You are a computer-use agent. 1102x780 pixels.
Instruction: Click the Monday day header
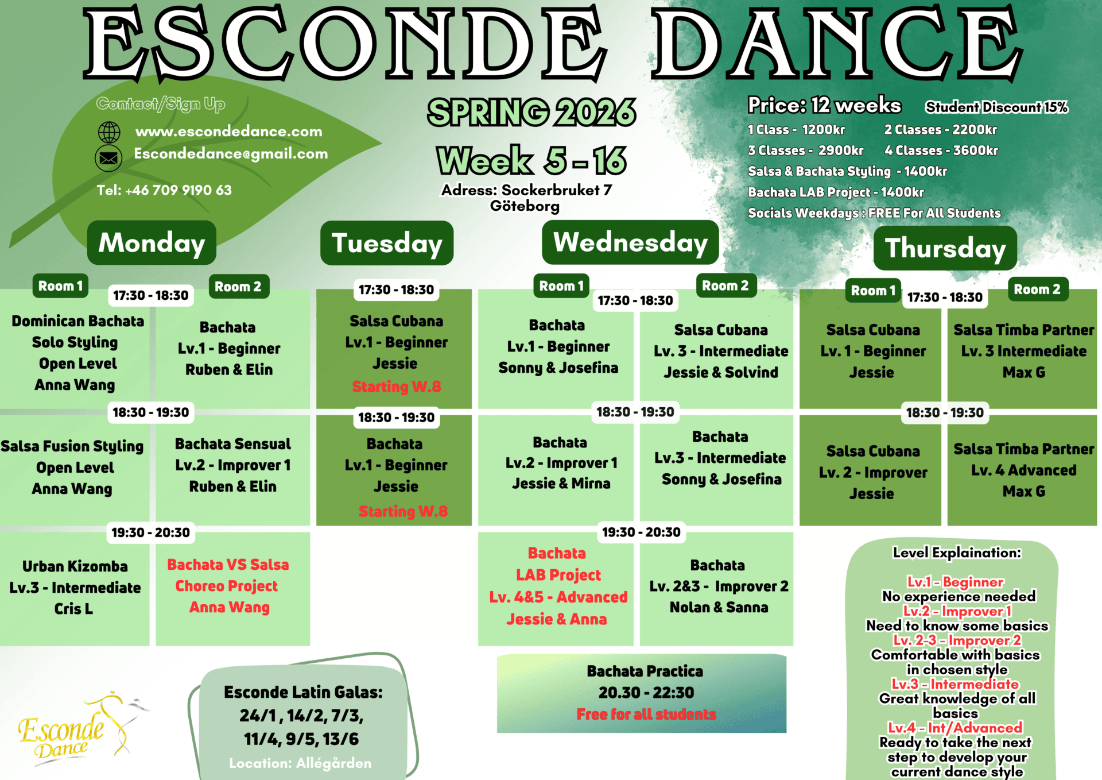pos(152,242)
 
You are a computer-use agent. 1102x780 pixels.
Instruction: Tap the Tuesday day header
pos(387,243)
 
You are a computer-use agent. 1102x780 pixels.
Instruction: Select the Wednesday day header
pos(630,242)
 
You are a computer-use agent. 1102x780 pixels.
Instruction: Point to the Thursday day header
pos(945,248)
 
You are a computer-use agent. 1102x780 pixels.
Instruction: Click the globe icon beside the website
pos(108,132)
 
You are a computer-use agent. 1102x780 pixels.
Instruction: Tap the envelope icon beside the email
pos(108,158)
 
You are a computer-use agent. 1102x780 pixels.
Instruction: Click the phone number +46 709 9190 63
pos(164,190)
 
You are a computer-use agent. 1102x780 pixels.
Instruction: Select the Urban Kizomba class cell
pos(75,588)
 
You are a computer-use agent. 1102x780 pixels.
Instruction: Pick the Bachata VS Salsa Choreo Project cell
pos(233,588)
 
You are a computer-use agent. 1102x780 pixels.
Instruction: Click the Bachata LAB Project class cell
pos(556,588)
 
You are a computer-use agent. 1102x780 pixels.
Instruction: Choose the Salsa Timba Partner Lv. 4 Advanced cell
pos(1022,470)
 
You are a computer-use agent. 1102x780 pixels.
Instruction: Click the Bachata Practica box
pos(642,693)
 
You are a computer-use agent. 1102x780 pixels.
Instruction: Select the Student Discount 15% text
pos(996,107)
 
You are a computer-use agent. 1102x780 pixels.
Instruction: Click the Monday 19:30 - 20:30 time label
pos(150,532)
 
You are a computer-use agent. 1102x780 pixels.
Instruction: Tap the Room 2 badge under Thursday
pos(1037,289)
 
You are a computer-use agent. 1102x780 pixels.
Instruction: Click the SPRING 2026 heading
pos(531,112)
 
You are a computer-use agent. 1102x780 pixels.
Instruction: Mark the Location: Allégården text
pos(300,763)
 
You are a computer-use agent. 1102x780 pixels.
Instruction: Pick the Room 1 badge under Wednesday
pos(561,285)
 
